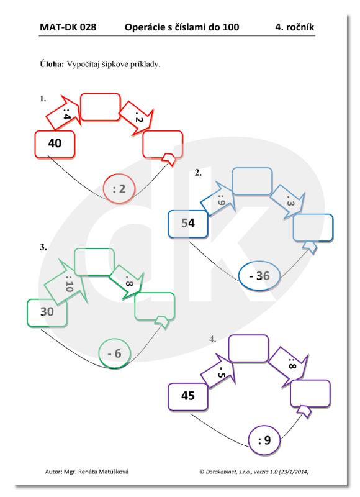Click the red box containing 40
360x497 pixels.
pos(55,144)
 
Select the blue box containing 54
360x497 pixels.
pos(188,224)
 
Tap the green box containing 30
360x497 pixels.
pos(47,313)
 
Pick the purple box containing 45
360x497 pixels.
pos(187,397)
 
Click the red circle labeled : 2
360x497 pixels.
pos(119,189)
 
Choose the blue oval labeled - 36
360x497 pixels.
pos(259,276)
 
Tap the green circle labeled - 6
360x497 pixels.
pos(114,353)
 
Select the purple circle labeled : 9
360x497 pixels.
pos(264,440)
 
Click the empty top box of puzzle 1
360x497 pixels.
pos(101,107)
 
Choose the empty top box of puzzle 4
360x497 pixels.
pos(248,349)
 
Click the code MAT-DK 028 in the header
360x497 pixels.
pos(68,27)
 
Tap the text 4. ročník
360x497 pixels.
pos(295,27)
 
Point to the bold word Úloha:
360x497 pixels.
pos(52,64)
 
